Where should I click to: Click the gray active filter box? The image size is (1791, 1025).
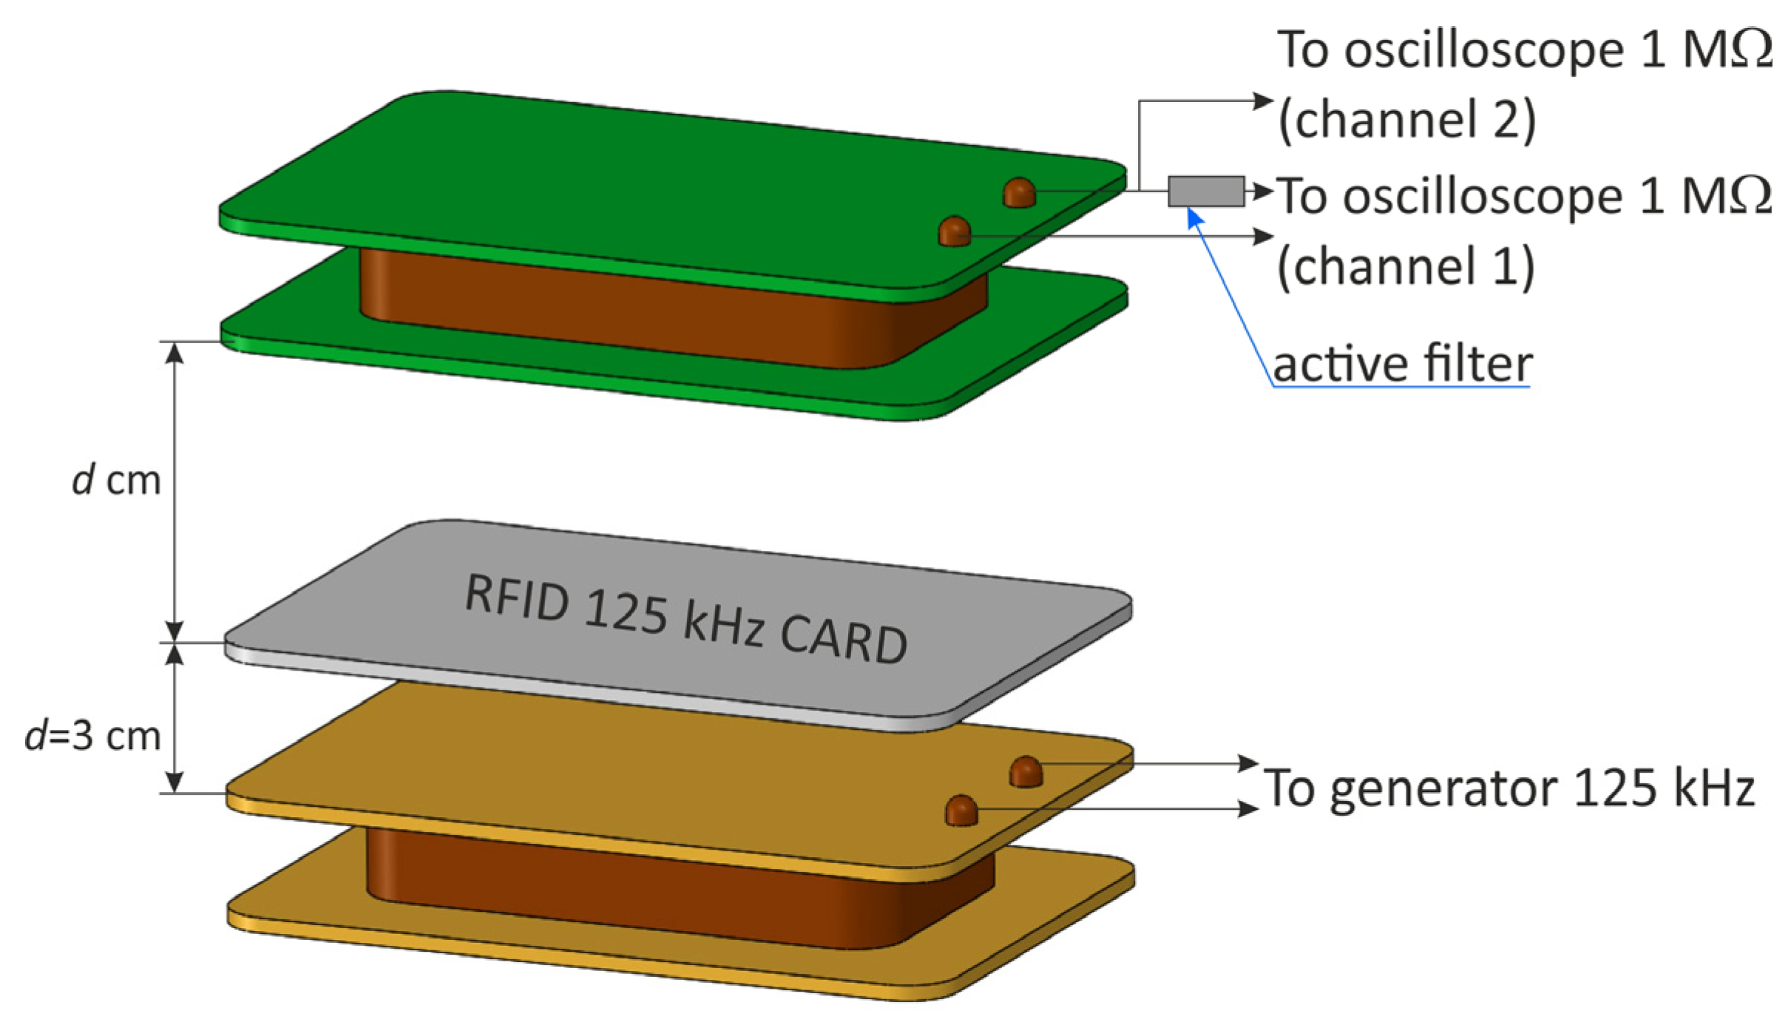point(1205,191)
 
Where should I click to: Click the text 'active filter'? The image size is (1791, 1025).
point(1402,365)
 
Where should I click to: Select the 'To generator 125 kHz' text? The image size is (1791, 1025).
point(1509,788)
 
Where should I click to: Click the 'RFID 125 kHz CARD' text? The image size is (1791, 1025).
point(685,620)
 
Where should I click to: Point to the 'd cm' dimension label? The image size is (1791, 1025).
point(117,480)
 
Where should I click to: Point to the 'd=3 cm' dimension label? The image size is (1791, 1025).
point(93,736)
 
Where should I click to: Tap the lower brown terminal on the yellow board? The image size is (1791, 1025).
point(961,811)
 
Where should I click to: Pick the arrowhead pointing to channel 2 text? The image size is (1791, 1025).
point(1263,101)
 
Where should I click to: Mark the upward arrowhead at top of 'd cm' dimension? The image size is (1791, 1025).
point(174,353)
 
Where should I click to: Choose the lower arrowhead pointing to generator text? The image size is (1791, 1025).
point(1248,808)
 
